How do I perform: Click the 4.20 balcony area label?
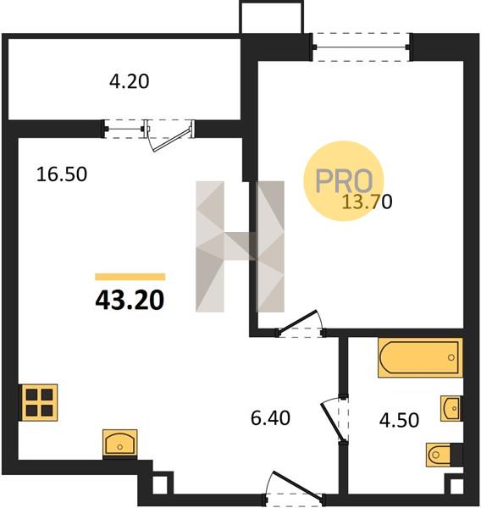tap(129, 81)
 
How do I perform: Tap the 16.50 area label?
tap(62, 174)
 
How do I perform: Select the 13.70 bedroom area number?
tap(368, 202)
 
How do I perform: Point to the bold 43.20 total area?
tap(130, 300)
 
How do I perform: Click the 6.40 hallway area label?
tap(270, 417)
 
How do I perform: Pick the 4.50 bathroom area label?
tap(399, 420)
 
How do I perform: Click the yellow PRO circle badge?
tap(344, 181)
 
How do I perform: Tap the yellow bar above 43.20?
tap(130, 277)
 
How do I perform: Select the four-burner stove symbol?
tap(39, 402)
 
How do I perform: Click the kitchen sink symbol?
tap(120, 443)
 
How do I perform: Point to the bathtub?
tap(420, 357)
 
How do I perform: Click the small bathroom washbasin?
tap(451, 408)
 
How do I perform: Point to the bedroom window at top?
tap(362, 47)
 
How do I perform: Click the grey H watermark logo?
tap(240, 246)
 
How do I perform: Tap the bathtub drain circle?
tap(451, 357)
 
